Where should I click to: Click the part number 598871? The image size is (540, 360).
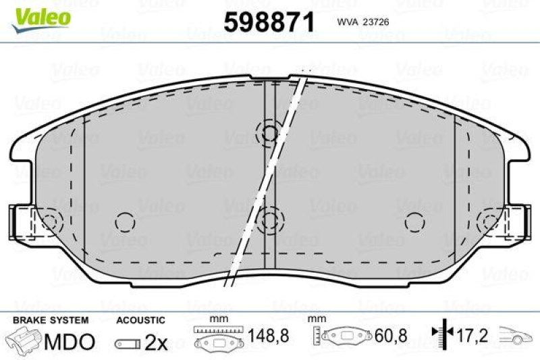[x=269, y=23]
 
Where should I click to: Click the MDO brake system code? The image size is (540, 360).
[x=69, y=342]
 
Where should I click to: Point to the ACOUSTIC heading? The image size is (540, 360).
[x=140, y=319]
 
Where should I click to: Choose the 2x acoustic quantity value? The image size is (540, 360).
[x=156, y=343]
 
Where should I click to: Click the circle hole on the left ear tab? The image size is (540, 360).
[x=50, y=220]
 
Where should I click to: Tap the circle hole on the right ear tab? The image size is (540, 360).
[x=489, y=220]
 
